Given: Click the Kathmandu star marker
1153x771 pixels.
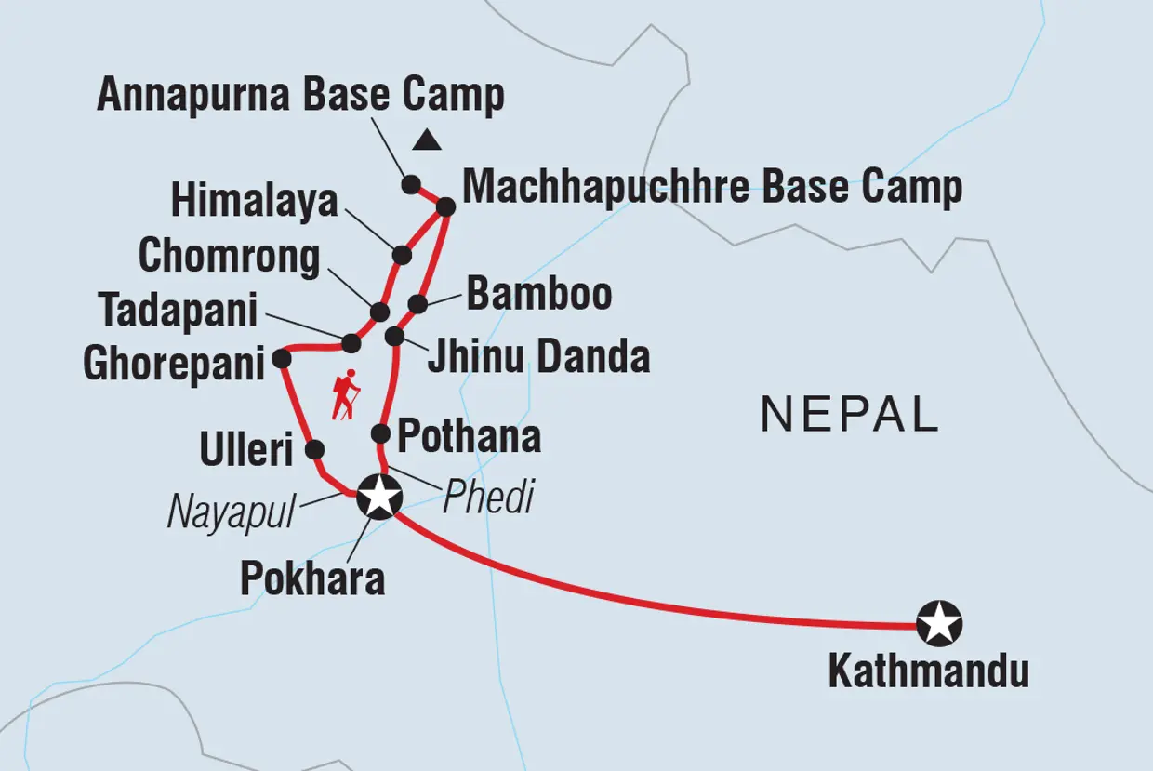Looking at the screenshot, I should click(938, 624).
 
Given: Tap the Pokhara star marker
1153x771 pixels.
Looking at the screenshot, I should click(379, 496).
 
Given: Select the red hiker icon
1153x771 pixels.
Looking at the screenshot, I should click(346, 395).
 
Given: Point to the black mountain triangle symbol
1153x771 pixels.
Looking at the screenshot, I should click(427, 140).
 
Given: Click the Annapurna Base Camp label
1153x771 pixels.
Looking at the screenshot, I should click(300, 96).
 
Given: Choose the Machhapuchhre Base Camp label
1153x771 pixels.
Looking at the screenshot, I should click(712, 187).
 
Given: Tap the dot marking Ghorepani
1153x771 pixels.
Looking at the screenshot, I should click(282, 358).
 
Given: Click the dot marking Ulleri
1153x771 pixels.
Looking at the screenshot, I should click(315, 450).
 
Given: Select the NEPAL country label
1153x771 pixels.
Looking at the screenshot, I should click(849, 415).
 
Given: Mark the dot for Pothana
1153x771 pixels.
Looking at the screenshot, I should click(380, 433).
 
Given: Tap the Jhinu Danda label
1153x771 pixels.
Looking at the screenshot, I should click(538, 357).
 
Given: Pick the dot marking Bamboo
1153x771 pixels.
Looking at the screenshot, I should click(418, 304).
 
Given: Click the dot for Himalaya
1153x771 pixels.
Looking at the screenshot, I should click(402, 255).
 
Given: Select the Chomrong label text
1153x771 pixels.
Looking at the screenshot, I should click(229, 258).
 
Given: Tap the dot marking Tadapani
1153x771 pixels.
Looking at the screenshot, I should click(351, 343).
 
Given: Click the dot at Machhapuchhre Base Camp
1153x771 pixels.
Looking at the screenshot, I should click(445, 207).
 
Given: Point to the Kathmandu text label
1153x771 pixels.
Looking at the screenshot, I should click(928, 671).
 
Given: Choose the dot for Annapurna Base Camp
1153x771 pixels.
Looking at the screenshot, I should click(411, 184).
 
